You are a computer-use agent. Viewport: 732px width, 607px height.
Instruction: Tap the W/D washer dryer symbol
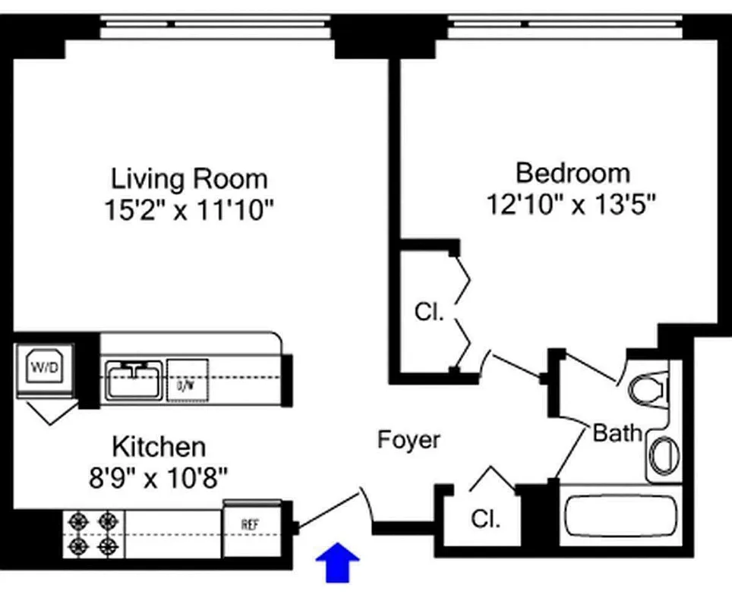[x=43, y=368]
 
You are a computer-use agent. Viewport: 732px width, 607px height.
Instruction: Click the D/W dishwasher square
[x=186, y=379]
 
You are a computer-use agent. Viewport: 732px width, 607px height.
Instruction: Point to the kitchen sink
[x=133, y=379]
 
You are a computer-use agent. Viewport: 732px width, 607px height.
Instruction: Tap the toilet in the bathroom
[x=650, y=390]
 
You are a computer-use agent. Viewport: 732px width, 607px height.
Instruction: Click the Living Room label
[x=189, y=179]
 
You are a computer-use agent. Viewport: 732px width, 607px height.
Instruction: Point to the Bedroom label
[x=573, y=173]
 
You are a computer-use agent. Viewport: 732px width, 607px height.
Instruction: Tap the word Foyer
[x=409, y=440]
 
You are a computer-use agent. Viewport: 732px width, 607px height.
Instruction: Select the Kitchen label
[x=159, y=445]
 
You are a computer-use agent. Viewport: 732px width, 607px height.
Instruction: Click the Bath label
[x=617, y=433]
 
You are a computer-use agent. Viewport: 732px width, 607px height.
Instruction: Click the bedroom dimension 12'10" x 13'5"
[x=572, y=203]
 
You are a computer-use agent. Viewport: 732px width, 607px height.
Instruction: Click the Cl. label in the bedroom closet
[x=429, y=312]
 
